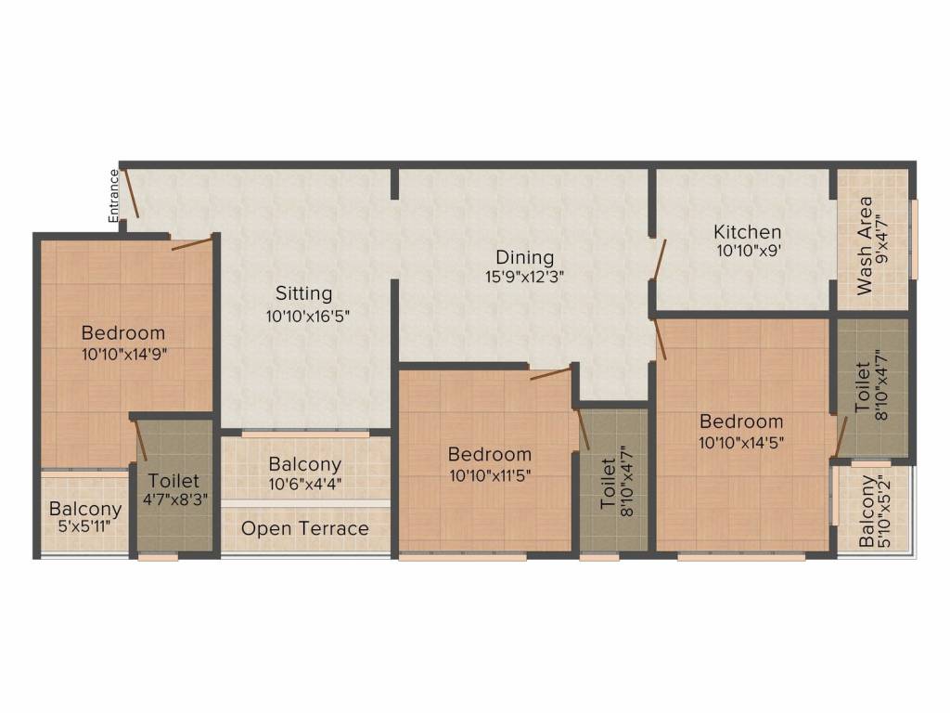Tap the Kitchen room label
coord(747,231)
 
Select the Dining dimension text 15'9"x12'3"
coord(524,276)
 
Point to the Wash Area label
coord(865,245)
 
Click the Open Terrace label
coord(305,528)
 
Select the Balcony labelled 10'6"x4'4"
coord(305,463)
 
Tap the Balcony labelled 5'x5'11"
coord(85,509)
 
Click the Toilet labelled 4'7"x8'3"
coord(173,481)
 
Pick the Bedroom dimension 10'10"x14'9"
coord(123,353)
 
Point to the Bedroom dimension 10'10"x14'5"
coord(740,442)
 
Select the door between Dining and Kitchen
coord(659,259)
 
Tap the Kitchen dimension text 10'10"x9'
coord(747,251)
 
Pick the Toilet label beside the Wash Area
coord(864,387)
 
